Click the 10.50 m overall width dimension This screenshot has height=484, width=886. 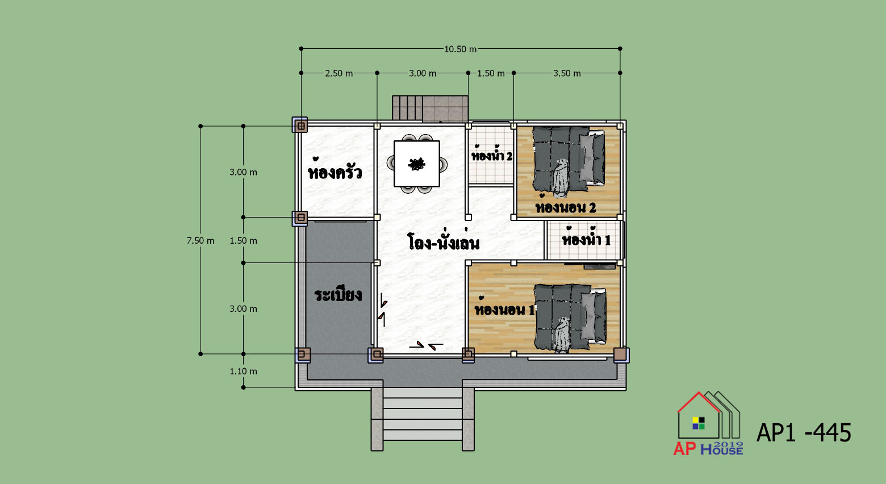[461, 49]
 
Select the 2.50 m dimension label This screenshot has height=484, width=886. [339, 73]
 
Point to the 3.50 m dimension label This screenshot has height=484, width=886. [567, 73]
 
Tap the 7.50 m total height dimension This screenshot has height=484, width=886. [200, 241]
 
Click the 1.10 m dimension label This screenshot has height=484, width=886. [243, 371]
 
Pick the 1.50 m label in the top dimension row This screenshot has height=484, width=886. [491, 73]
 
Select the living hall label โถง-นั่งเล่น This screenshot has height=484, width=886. [444, 240]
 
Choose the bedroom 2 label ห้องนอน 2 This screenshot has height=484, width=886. [566, 205]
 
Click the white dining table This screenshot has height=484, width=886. [417, 164]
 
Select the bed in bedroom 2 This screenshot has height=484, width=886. [569, 160]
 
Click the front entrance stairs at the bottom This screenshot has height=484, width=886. [423, 419]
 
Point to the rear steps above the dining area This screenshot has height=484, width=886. [431, 108]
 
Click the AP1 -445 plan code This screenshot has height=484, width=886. [804, 432]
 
